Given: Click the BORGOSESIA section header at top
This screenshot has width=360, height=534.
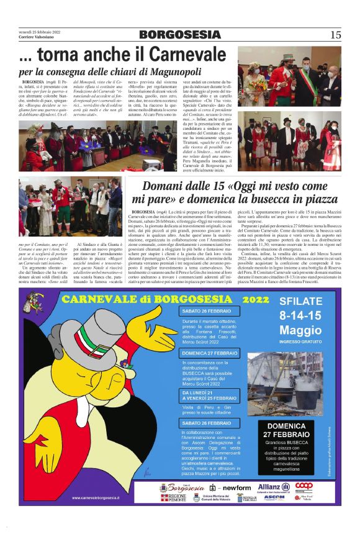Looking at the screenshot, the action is tap(178, 35).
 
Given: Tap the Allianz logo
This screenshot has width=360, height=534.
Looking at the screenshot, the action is tap(271, 486).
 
